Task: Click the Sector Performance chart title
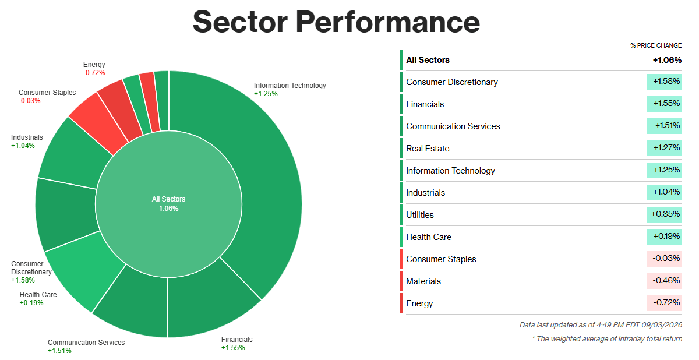point(336,22)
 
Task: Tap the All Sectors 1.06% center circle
point(168,204)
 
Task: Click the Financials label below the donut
point(237,344)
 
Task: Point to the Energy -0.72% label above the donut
point(94,69)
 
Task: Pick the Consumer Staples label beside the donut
point(47,97)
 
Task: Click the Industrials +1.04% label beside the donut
point(27,142)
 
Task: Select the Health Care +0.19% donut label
point(38,299)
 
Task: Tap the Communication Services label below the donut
point(86,347)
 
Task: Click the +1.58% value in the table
point(666,82)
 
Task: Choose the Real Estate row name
point(428,149)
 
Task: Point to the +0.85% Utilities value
point(665,214)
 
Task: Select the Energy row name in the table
point(419,303)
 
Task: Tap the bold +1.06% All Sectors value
point(667,60)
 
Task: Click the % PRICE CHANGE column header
point(656,45)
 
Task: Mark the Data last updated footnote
point(601,325)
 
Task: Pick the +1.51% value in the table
point(667,126)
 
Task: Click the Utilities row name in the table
point(420,215)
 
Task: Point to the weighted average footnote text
point(607,339)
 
